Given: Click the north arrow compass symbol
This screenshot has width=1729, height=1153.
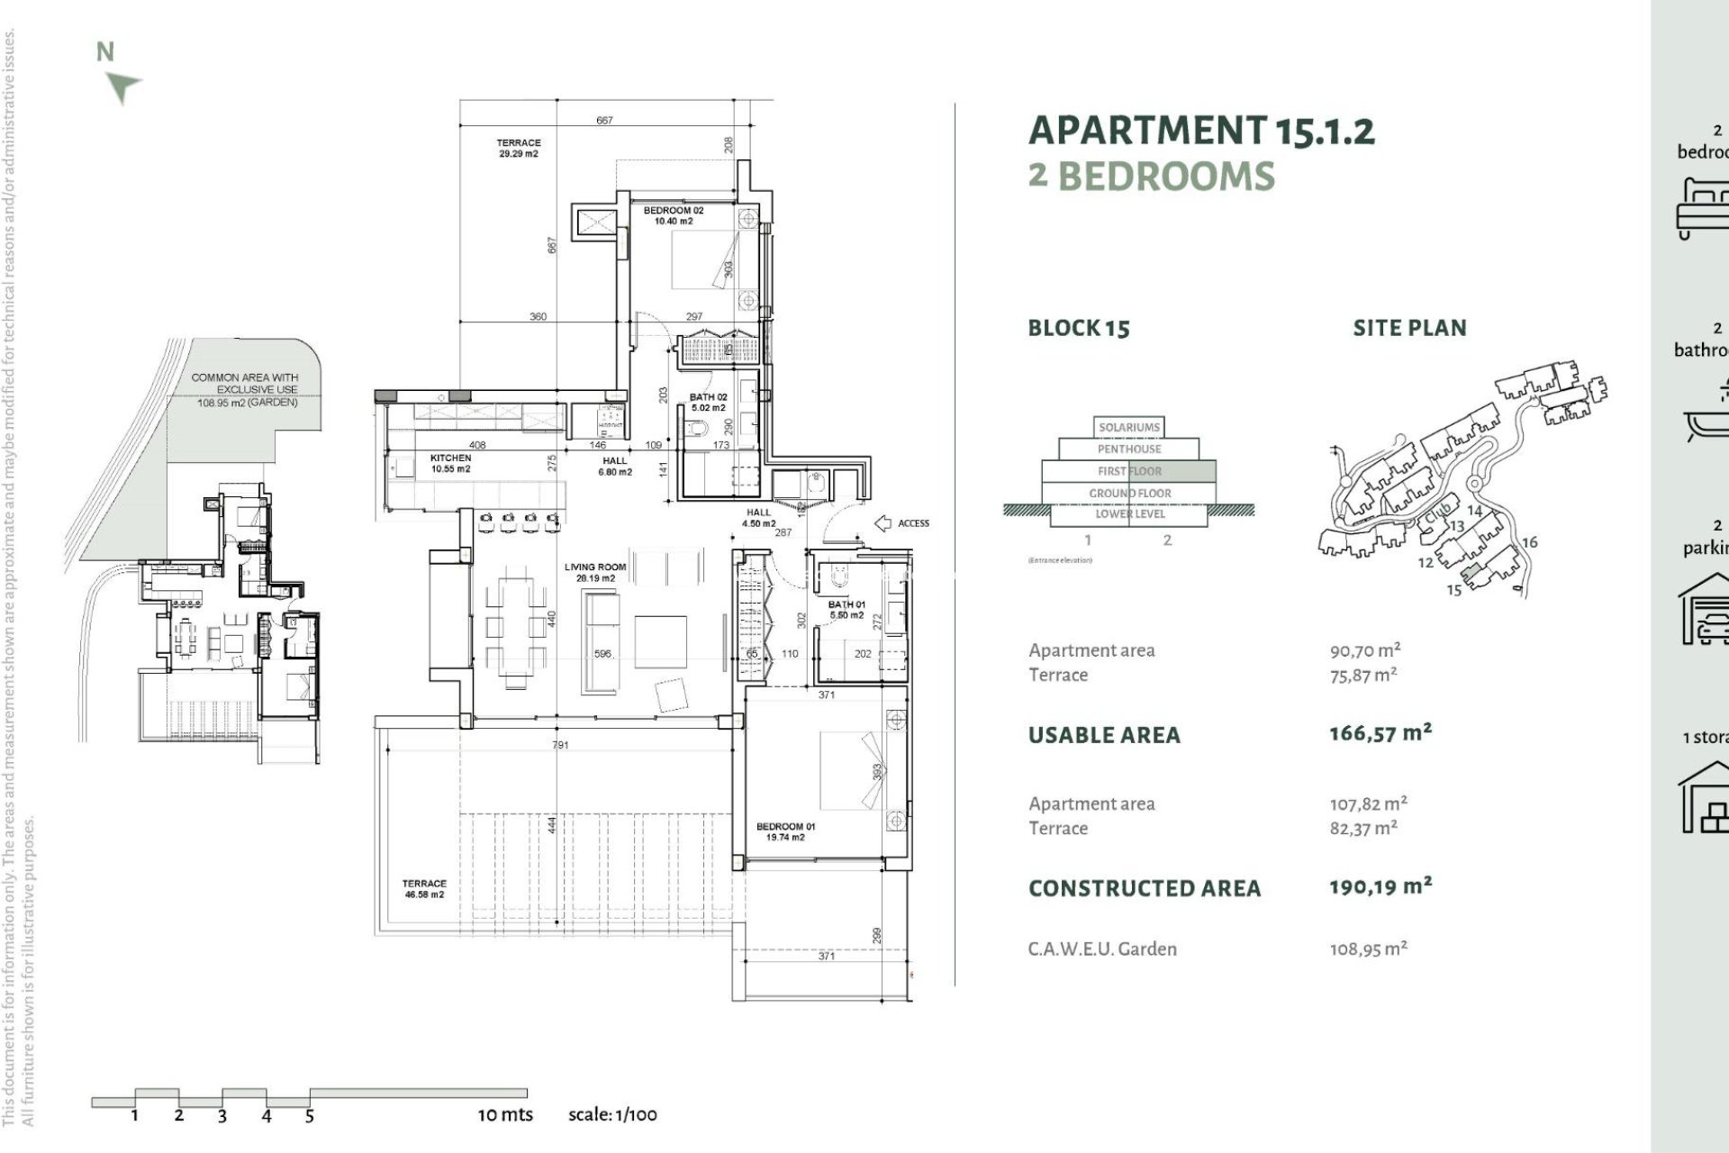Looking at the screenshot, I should [122, 87].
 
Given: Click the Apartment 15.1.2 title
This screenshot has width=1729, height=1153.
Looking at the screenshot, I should [1200, 132].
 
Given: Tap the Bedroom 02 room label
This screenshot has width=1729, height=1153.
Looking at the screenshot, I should [674, 215].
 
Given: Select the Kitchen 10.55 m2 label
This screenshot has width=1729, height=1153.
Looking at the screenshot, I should [450, 463].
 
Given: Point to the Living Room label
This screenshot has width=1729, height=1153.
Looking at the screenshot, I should [595, 572].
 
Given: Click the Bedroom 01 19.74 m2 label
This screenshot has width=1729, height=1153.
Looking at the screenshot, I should [780, 831].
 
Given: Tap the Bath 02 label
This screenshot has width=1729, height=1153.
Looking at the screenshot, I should [708, 402].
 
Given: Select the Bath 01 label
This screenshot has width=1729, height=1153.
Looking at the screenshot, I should [846, 609].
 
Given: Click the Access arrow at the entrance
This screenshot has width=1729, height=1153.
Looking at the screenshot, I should [883, 523].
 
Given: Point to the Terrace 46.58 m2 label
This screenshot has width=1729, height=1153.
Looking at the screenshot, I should [424, 889].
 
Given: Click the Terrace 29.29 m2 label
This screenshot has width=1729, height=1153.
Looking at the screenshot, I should [519, 148].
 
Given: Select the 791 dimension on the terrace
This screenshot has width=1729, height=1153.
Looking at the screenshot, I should [560, 745].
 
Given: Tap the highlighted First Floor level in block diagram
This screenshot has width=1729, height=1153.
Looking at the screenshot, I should [1129, 471].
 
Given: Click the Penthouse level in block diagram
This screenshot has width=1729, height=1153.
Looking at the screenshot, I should [1129, 449].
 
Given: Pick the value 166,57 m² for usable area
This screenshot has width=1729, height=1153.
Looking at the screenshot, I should [1380, 733].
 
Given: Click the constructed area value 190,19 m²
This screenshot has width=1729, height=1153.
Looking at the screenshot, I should [1380, 886].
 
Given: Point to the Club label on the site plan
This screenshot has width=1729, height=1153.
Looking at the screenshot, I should [1438, 517].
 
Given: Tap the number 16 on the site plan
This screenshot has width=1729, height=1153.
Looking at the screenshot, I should [1529, 542].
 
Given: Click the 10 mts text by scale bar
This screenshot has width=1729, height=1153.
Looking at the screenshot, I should [504, 1114].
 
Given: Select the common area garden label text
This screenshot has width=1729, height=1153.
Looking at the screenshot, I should [245, 390].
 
